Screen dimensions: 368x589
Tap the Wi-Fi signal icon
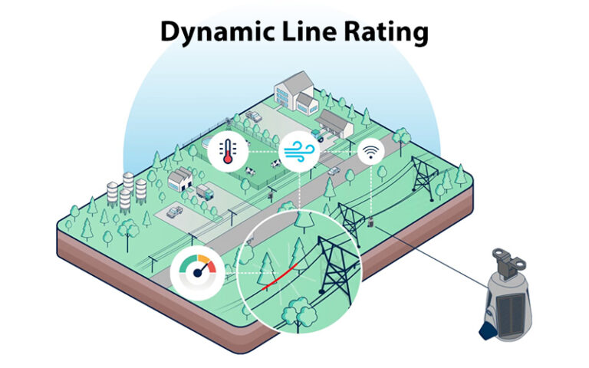coord(370,153)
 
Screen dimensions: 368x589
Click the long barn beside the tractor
coord(335,121)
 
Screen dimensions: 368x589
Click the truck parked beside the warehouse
coord(205,192)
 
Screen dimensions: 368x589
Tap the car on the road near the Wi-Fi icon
coord(334,170)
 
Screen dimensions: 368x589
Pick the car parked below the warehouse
coord(175,210)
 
